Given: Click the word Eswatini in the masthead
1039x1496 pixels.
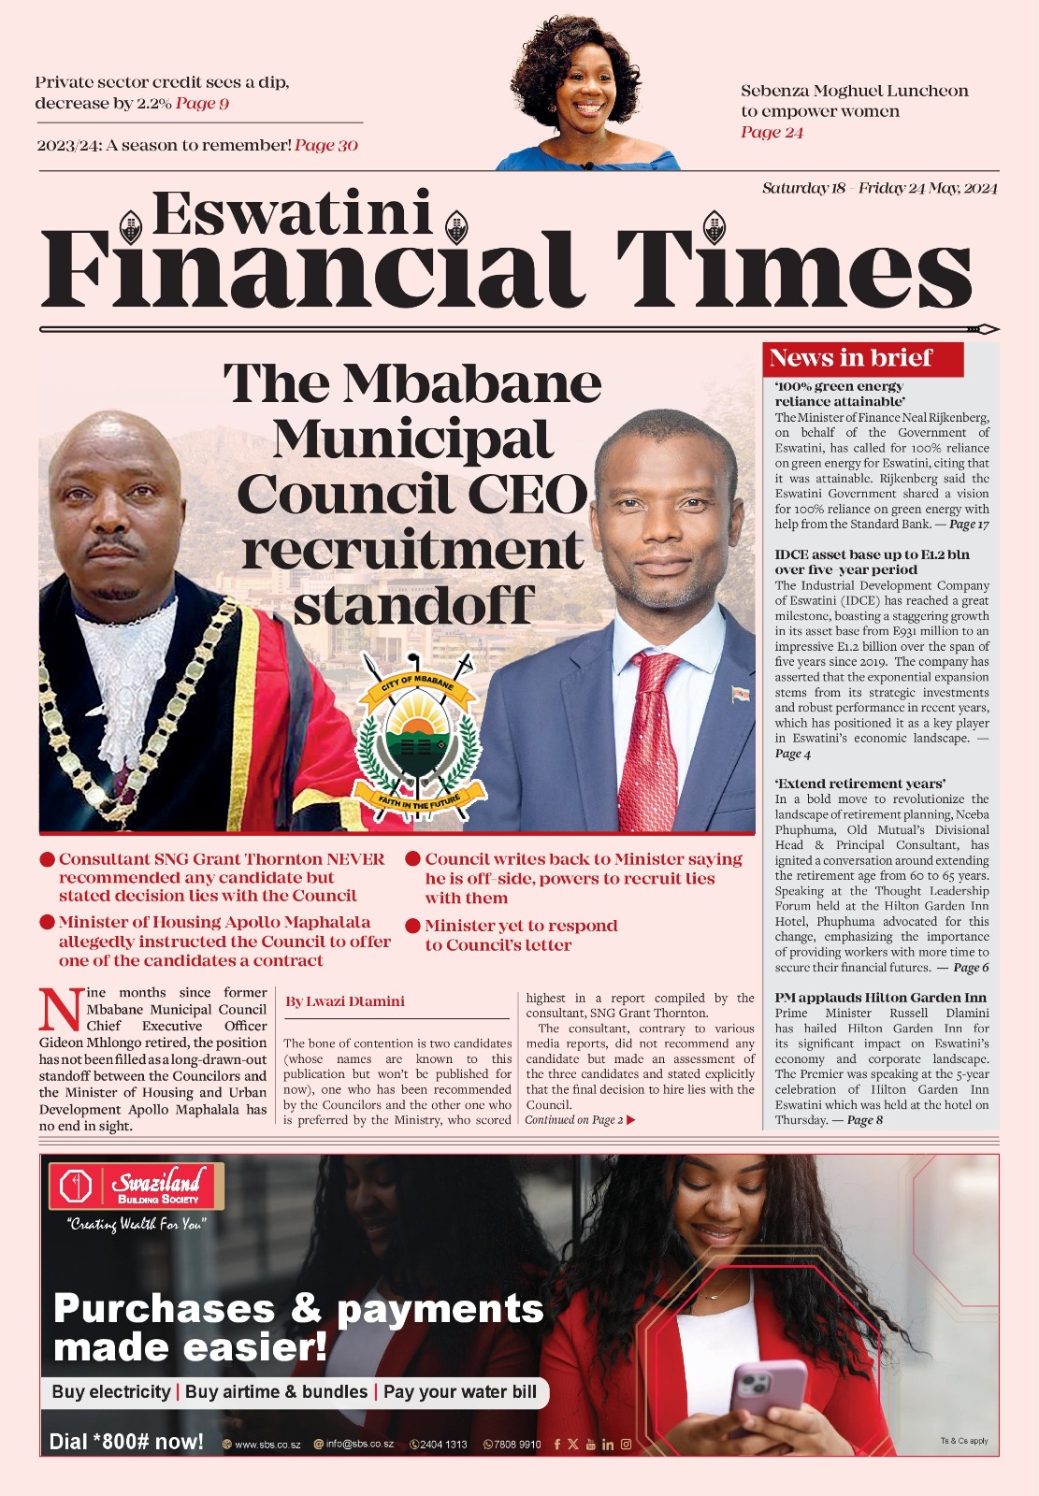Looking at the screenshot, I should point(292,214).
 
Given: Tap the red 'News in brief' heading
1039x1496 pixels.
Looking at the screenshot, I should point(850,358).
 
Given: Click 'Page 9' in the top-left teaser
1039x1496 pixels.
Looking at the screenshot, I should point(202,104).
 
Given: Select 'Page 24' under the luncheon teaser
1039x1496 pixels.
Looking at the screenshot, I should point(772,133).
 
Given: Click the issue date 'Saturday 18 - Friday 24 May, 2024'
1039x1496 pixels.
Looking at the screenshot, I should point(879,188).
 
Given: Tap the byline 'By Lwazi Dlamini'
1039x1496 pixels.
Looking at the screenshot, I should point(344,1001).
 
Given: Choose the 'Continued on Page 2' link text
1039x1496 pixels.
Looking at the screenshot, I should point(574,1120).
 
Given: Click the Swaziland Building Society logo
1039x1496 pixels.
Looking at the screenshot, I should point(137,1187).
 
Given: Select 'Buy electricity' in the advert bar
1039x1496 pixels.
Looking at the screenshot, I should point(111,1392).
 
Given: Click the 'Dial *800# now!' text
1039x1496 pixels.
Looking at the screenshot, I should point(126,1442).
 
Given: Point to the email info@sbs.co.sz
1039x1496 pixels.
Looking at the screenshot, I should point(359,1445).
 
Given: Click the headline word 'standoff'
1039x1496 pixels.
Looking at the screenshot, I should point(413,606).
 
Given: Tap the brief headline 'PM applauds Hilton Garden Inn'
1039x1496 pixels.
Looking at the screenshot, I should point(880,998).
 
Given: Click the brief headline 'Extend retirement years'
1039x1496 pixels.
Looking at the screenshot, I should point(859,784).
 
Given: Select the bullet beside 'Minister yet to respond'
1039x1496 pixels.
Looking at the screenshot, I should point(412,927).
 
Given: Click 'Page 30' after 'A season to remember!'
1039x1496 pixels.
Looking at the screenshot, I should point(326,146).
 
